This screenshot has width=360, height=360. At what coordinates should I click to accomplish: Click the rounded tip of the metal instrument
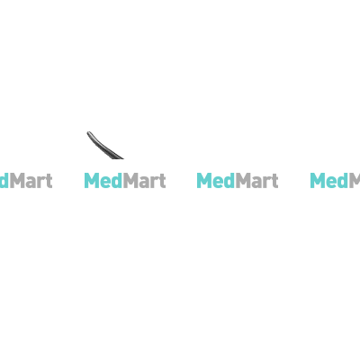89,133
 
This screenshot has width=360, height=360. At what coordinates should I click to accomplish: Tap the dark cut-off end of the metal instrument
118,157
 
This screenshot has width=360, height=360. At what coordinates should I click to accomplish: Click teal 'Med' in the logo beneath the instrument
103,180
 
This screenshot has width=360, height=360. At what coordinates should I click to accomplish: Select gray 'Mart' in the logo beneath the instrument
145,180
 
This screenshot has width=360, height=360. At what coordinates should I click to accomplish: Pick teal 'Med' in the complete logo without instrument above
216,180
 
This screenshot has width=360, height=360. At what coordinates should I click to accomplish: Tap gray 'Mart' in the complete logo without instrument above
257,180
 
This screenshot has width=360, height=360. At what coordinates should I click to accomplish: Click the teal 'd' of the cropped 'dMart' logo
4,180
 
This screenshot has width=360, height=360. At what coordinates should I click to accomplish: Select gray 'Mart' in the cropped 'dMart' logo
31,180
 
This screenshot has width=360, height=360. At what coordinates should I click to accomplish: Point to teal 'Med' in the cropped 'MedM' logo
329,180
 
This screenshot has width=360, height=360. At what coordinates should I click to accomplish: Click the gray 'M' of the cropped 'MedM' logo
355,180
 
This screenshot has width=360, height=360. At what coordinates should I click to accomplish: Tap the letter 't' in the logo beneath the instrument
162,181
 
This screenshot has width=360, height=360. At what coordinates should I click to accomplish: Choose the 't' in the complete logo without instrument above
274,181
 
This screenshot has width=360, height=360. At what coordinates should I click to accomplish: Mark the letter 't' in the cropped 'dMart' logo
49,181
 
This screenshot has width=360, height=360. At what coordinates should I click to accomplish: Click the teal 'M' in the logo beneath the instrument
92,180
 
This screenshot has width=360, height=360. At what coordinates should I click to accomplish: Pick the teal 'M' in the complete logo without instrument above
204,180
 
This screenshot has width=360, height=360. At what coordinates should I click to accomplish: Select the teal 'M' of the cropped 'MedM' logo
317,180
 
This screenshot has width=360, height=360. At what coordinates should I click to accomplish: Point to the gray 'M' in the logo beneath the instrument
130,180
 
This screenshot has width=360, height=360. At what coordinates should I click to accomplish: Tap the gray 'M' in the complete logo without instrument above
243,180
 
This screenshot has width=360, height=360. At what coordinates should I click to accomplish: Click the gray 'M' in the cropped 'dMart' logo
17,180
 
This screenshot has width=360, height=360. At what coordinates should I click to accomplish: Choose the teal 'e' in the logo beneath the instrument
105,183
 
